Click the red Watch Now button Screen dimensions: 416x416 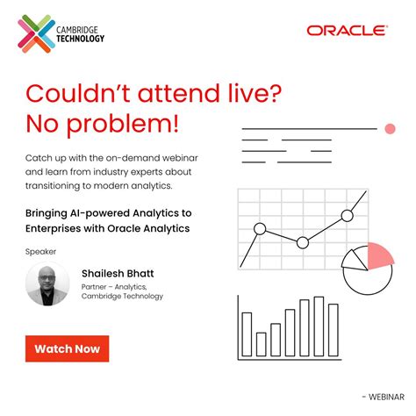click(67, 348)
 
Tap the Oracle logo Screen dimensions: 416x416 click(347, 30)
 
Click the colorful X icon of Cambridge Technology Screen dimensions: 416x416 click(36, 32)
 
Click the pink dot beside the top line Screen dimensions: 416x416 click(391, 129)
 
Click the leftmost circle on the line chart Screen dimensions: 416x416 click(259, 229)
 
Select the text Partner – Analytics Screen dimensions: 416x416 click(111, 286)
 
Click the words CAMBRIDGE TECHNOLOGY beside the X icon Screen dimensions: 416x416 click(79, 33)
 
